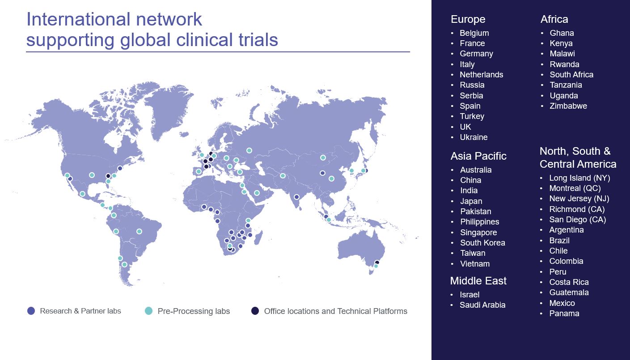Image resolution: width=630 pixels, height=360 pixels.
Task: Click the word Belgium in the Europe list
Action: (x=474, y=33)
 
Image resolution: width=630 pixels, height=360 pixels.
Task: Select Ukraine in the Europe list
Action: (x=474, y=137)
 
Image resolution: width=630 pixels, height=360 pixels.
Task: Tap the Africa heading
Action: (x=554, y=19)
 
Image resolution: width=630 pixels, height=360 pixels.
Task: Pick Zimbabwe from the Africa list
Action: (x=568, y=106)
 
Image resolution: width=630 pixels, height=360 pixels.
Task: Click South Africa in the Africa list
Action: (x=571, y=75)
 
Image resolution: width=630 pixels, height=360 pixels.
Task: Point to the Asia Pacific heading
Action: (x=478, y=156)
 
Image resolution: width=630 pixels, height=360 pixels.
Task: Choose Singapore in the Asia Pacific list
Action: (x=478, y=233)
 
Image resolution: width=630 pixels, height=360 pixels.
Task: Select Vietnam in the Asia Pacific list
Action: (x=475, y=264)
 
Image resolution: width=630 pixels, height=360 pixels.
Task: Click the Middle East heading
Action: (x=478, y=281)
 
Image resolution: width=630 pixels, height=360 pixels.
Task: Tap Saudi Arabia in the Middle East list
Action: (x=482, y=305)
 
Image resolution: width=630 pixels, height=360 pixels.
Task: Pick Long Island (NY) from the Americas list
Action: (x=579, y=178)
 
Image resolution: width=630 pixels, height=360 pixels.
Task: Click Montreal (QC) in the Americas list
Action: (x=575, y=188)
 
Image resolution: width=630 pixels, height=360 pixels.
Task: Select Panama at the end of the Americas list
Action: (x=564, y=313)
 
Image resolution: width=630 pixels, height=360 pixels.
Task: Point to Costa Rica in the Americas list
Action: (x=569, y=282)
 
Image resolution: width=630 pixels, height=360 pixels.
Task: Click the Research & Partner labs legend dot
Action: (x=31, y=311)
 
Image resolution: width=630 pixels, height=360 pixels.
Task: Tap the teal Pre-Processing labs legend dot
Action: (x=148, y=311)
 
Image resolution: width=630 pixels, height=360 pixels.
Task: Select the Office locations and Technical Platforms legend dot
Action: (x=255, y=311)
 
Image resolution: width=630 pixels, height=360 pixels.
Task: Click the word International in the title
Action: (x=78, y=19)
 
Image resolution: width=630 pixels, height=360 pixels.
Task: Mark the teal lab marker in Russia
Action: (x=249, y=150)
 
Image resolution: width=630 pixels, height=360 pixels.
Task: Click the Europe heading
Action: (x=468, y=19)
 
